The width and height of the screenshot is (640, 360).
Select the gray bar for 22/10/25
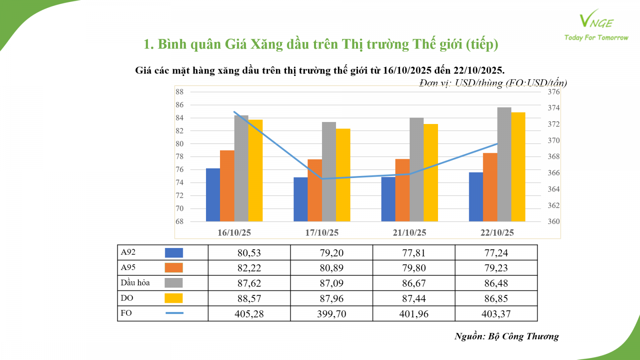point(504,164)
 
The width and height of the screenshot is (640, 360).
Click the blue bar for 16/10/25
point(213,195)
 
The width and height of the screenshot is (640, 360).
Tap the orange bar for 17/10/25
point(315,190)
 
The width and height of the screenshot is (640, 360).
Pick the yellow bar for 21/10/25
point(431,173)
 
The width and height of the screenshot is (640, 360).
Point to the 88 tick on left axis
point(180,92)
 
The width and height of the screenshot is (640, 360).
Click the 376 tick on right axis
point(554,92)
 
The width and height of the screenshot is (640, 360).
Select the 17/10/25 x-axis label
point(322,232)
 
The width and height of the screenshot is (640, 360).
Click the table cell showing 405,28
point(249,314)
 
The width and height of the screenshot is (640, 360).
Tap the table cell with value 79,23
point(496,268)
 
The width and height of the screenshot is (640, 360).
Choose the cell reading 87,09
point(332,283)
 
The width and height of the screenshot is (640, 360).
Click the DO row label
point(127,298)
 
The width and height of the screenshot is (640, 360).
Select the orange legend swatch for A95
point(174,268)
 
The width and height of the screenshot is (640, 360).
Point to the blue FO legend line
point(174,313)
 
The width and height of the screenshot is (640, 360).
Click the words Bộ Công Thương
point(523,336)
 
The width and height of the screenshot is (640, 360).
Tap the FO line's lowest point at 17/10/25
point(322,179)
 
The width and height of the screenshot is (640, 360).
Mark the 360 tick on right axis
point(554,222)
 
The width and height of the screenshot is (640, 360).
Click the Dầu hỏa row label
point(135,283)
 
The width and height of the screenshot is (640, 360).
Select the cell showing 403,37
point(496,314)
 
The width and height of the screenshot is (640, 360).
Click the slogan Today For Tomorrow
point(596,38)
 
